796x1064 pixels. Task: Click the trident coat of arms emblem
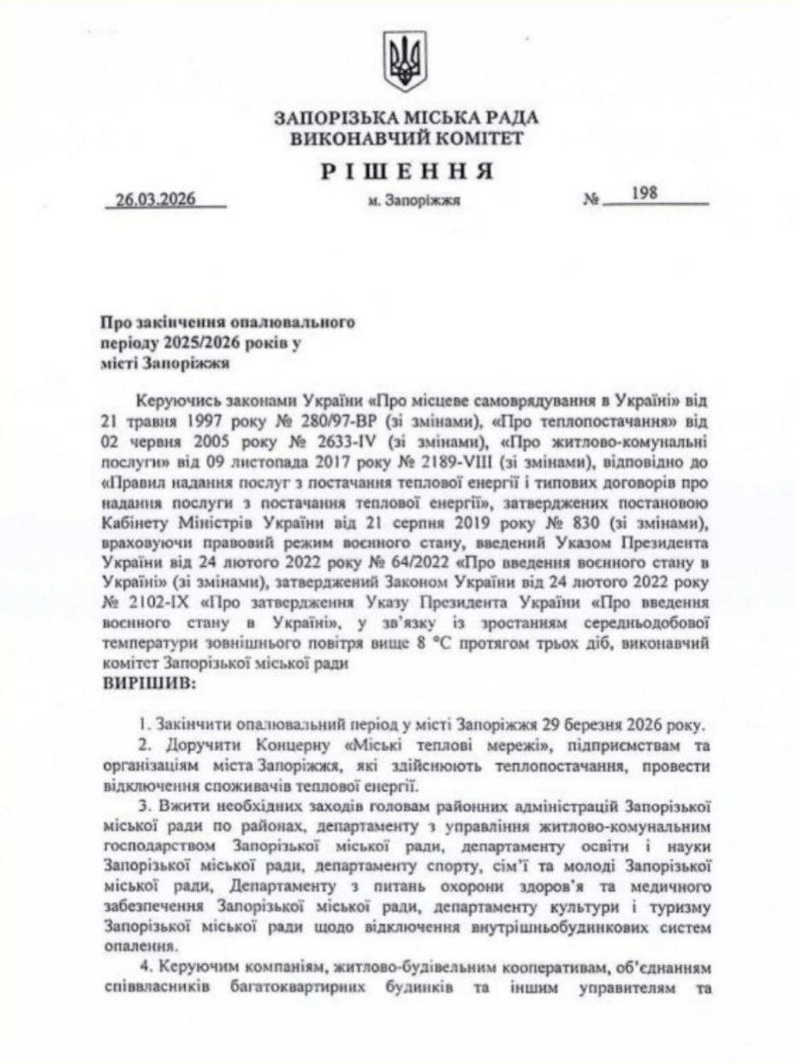tap(404, 61)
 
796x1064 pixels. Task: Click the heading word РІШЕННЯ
tap(407, 170)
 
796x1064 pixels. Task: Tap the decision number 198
tap(644, 193)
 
